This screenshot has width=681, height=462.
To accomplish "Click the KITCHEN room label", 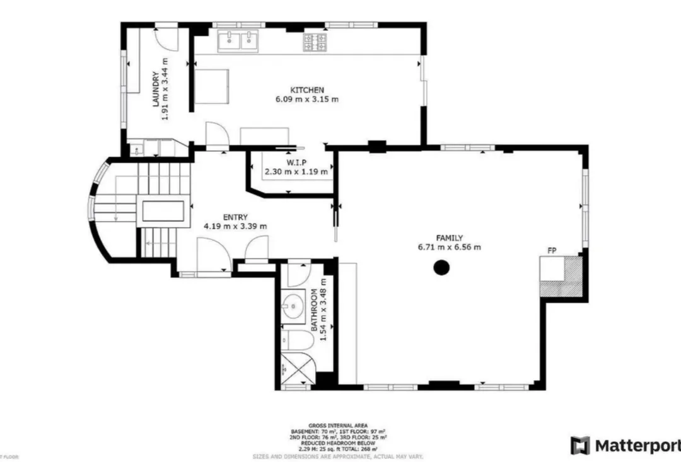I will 307,90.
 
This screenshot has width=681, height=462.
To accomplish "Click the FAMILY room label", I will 449,238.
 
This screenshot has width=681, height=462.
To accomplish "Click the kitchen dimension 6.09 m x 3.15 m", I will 307,99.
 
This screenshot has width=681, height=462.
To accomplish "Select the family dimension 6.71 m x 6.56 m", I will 449,247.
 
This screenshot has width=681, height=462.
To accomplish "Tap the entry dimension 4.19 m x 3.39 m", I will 235,226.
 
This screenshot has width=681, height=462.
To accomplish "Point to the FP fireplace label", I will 551,251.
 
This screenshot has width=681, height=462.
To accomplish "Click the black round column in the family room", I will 442,268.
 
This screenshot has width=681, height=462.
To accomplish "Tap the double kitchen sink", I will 240,42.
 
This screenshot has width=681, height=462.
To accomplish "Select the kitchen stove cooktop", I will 315,42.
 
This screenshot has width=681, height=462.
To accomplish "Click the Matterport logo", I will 625,445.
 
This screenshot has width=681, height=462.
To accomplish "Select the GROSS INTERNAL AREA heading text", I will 338,425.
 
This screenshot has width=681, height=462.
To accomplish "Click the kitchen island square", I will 212,86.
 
